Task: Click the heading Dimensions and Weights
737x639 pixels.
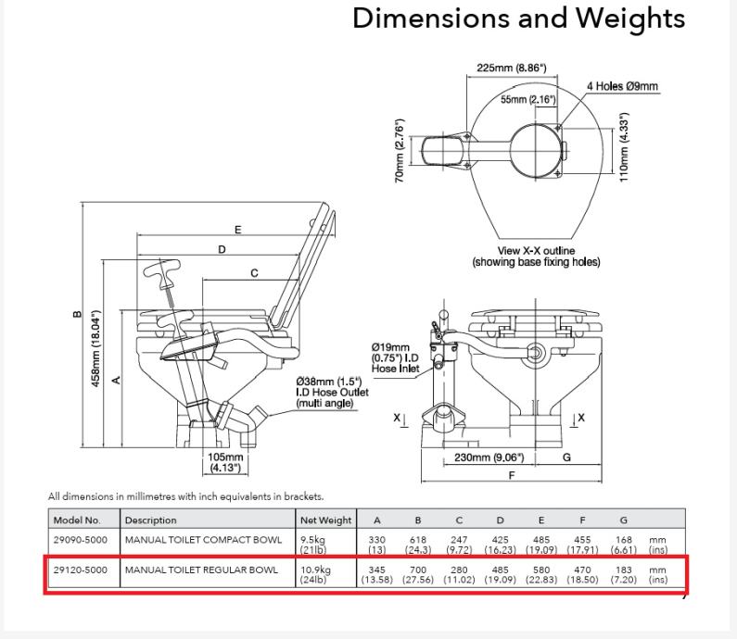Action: tap(519, 19)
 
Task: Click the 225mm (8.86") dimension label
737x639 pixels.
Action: tap(511, 68)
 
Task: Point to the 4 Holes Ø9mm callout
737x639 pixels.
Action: tap(622, 87)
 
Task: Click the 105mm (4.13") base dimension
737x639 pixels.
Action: tap(224, 461)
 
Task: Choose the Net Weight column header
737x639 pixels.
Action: tap(325, 520)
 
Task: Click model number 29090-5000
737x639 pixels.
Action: tap(83, 540)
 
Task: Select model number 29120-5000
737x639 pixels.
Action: tap(83, 568)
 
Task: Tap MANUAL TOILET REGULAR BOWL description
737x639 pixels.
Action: tap(201, 568)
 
